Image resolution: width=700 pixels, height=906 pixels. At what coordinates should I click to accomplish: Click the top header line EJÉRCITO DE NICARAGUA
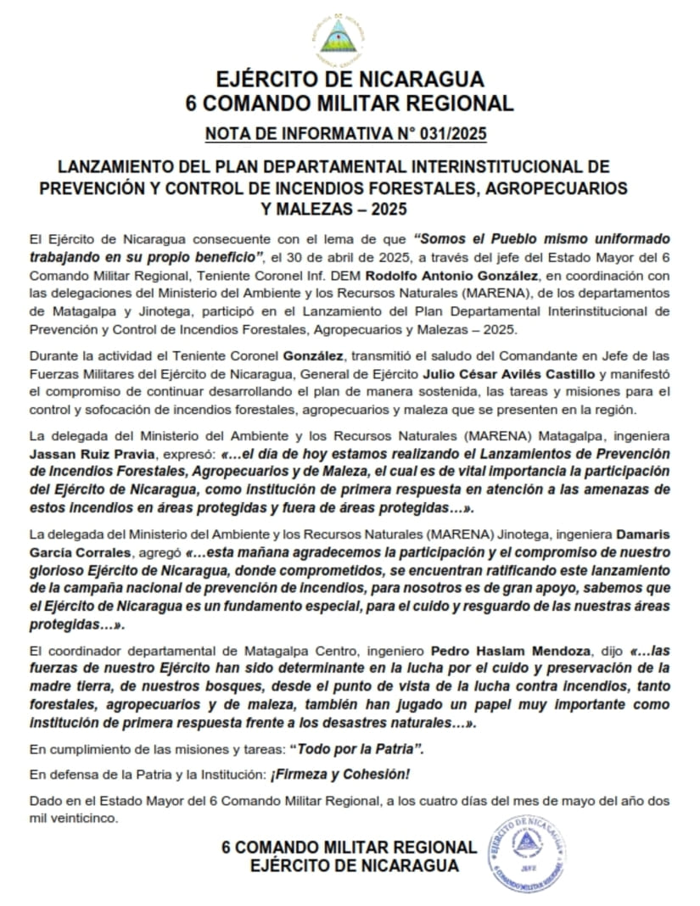[350, 80]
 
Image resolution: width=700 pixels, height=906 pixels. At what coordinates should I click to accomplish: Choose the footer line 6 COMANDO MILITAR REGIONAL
[349, 847]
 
